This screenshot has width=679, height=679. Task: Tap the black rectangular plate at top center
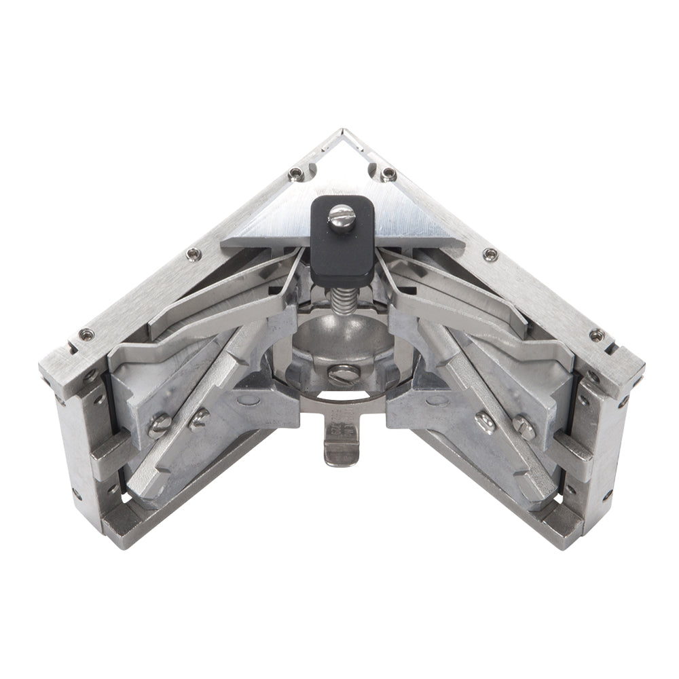[x=342, y=244]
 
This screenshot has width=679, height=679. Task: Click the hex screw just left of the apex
[x=295, y=174]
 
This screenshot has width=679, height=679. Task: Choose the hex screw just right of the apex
[x=388, y=174]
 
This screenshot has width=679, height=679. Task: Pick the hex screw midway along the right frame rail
[x=489, y=254]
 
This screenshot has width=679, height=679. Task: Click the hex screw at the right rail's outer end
[x=596, y=335]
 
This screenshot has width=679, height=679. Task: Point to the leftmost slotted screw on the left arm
[x=158, y=426]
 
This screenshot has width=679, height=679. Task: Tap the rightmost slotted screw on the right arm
[x=524, y=426]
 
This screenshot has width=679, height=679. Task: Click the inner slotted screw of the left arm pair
[x=198, y=419]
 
